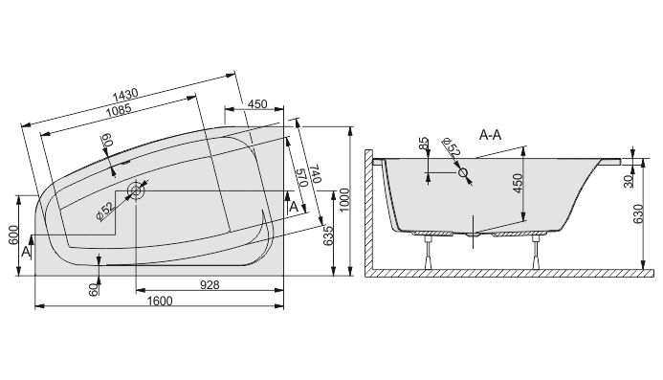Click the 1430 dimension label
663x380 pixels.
point(125,95)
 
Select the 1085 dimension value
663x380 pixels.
point(119,110)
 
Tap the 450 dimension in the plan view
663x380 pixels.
point(257,104)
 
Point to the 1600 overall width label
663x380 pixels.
point(160,301)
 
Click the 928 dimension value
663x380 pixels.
point(210,285)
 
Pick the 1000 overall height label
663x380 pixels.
point(344,201)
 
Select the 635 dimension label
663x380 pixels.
point(328,236)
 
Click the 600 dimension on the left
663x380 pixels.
point(13,235)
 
